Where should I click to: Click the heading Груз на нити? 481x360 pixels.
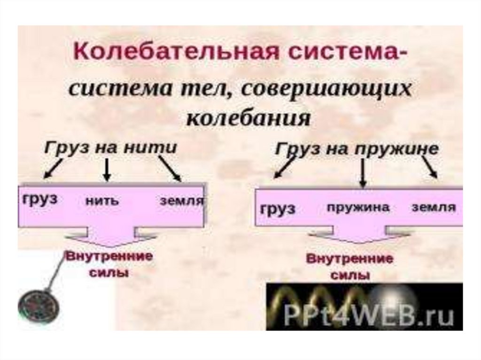tap(111, 147)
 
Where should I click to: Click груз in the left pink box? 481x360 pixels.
tap(39, 199)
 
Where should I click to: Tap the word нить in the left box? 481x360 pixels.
tap(102, 201)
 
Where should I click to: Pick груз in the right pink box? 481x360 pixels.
tap(278, 207)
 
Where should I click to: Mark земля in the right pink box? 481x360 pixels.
tap(433, 207)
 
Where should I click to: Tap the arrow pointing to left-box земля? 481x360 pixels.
tap(170, 169)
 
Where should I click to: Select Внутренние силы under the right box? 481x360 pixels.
tap(350, 267)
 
